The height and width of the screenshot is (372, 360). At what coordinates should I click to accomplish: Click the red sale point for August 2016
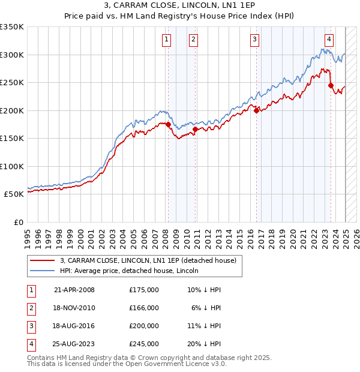tap(256, 110)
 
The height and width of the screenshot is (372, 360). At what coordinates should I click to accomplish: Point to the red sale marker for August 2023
tap(331, 85)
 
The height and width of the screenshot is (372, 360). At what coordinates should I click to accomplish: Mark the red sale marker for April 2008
tap(168, 125)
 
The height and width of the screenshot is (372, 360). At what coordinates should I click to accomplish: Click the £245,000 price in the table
tap(144, 344)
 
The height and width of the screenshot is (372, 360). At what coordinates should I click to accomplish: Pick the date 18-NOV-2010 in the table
tap(74, 308)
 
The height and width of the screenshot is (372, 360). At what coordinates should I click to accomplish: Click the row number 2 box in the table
tap(29, 308)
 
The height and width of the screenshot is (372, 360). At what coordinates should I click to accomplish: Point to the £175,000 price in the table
tap(144, 290)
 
